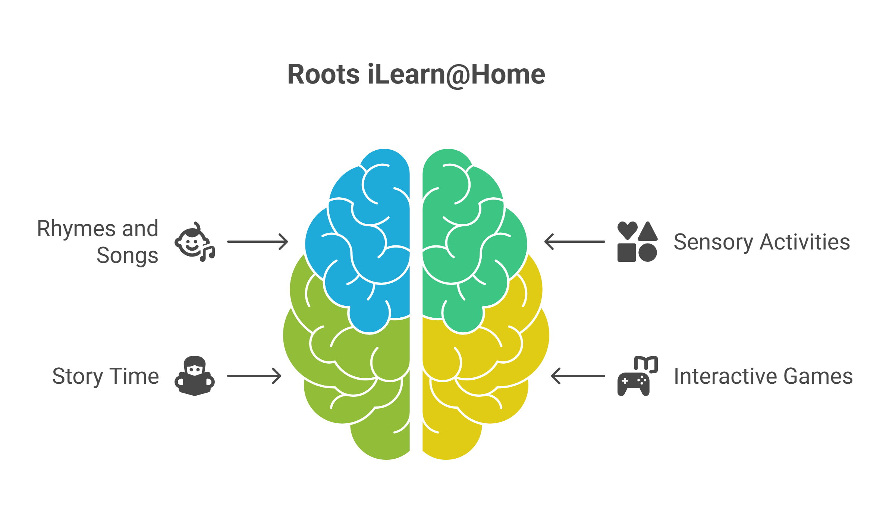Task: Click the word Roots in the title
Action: coord(323,75)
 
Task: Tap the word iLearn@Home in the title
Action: coord(456,75)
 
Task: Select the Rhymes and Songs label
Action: coord(98,242)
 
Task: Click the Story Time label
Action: coord(106,376)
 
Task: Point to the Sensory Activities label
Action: coord(762,242)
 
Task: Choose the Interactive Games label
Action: coord(763,376)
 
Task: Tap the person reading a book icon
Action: coord(194,376)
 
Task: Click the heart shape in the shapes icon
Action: coord(627,230)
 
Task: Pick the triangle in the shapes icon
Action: coord(648,232)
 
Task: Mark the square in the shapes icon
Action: coord(626,253)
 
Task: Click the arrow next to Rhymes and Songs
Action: coord(258,242)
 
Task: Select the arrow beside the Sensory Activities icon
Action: coord(575,242)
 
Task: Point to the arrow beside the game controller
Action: coord(578,376)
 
